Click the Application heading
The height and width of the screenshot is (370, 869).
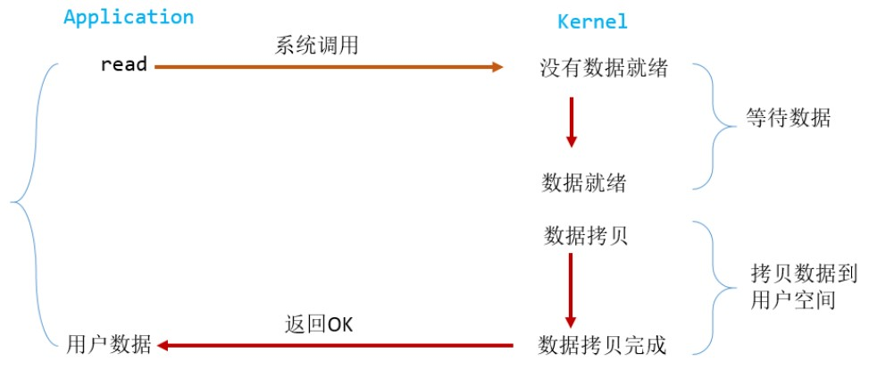(128, 17)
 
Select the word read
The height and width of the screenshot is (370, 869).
(123, 64)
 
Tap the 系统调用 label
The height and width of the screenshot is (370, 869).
(317, 45)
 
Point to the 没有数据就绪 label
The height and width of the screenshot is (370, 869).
(603, 67)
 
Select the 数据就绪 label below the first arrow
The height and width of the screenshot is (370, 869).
(584, 183)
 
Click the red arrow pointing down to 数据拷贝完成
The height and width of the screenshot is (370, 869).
(572, 290)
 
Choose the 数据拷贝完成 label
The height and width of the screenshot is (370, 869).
(603, 344)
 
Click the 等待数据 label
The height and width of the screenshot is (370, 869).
(788, 118)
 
